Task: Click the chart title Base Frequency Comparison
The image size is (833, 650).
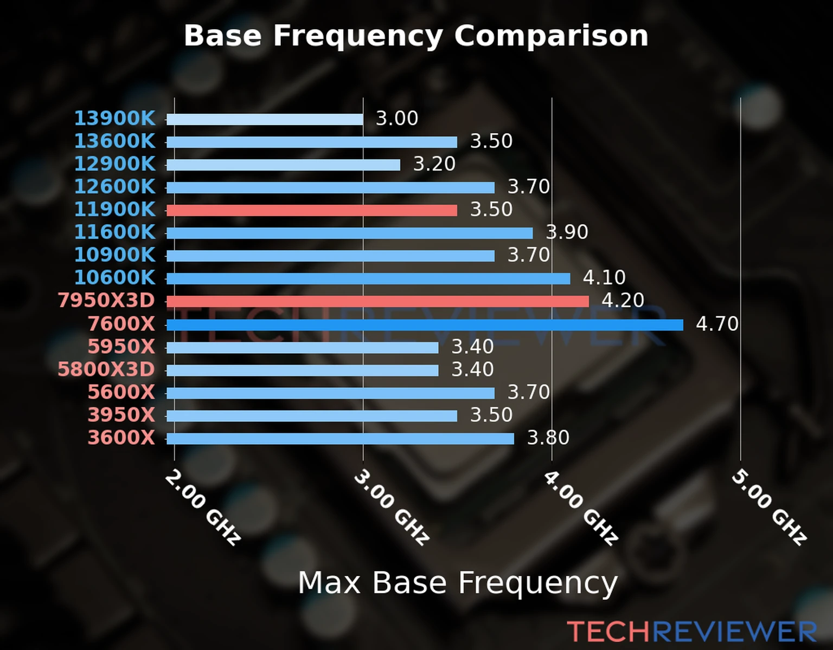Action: pyautogui.click(x=416, y=36)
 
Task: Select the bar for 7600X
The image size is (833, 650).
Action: pyautogui.click(x=425, y=325)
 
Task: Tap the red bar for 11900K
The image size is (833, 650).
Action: pyautogui.click(x=312, y=210)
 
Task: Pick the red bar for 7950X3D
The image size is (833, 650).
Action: pyautogui.click(x=377, y=301)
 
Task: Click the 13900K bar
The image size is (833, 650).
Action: pyautogui.click(x=265, y=119)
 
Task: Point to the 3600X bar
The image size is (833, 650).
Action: pyautogui.click(x=340, y=439)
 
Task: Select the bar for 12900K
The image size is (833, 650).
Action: pyautogui.click(x=283, y=165)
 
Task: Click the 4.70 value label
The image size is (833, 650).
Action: pyautogui.click(x=717, y=324)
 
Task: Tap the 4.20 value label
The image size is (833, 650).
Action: pyautogui.click(x=623, y=300)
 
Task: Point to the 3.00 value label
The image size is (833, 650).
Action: pyautogui.click(x=397, y=118)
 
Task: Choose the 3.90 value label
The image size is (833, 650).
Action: pyautogui.click(x=567, y=232)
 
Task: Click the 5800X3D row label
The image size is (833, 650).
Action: pyautogui.click(x=106, y=369)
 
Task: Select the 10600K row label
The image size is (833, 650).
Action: pyautogui.click(x=114, y=277)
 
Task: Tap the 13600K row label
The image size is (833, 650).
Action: pyautogui.click(x=114, y=141)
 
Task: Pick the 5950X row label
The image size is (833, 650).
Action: pyautogui.click(x=121, y=347)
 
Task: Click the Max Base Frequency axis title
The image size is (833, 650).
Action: pyautogui.click(x=458, y=583)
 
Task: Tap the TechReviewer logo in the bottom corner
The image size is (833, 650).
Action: pyautogui.click(x=691, y=632)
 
